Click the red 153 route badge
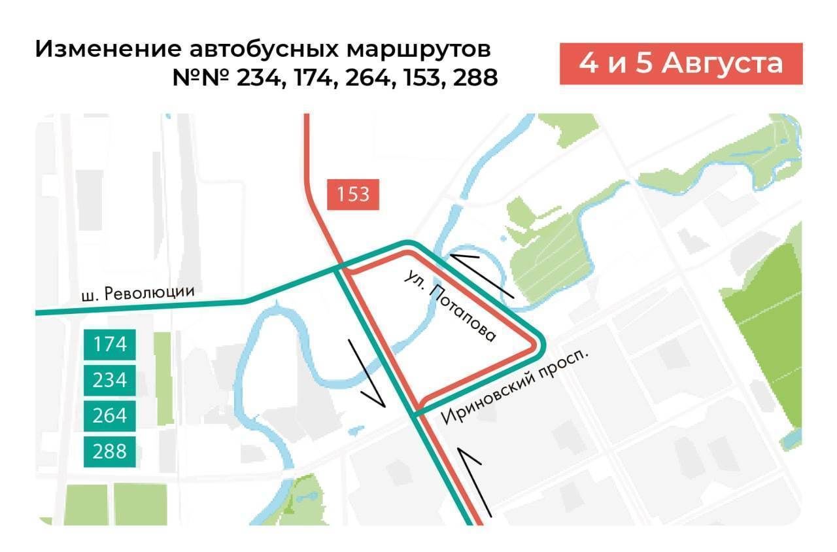[x=354, y=195]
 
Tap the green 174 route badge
[x=110, y=344]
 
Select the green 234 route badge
[x=110, y=380]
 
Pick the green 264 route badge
[x=110, y=416]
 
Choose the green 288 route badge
[x=110, y=451]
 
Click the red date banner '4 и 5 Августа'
[x=681, y=64]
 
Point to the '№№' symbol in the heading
[x=200, y=78]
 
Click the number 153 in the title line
[x=422, y=78]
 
